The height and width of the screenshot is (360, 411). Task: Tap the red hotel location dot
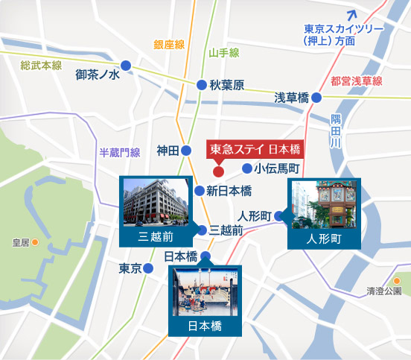pos(219,162)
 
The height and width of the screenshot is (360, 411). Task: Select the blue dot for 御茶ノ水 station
pos(127,66)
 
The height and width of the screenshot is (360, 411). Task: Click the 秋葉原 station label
pos(227,86)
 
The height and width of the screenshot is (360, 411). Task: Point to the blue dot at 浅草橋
pos(316,97)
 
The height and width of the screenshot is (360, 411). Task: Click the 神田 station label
pos(168,151)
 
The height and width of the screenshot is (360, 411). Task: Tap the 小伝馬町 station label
pos(276,168)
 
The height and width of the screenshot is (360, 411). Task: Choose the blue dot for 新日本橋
pos(200,191)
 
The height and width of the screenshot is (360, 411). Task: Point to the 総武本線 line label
pos(41,66)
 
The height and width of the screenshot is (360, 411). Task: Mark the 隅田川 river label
pos(336,130)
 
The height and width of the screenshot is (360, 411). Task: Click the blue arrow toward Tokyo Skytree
pos(355,13)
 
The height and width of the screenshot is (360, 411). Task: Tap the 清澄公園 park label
pos(384,291)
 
